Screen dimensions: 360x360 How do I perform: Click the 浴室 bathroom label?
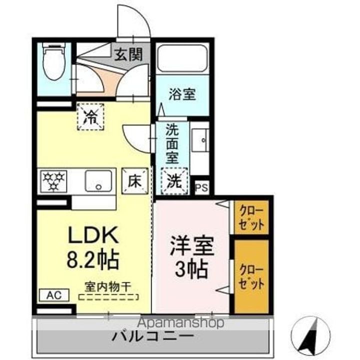coord(181,95)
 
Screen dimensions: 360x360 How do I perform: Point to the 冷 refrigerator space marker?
coord(90,117)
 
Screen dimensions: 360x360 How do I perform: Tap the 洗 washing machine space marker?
coord(174,181)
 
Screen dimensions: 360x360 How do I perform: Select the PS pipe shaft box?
coord(201,187)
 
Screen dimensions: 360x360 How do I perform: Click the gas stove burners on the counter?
coord(53,180)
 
